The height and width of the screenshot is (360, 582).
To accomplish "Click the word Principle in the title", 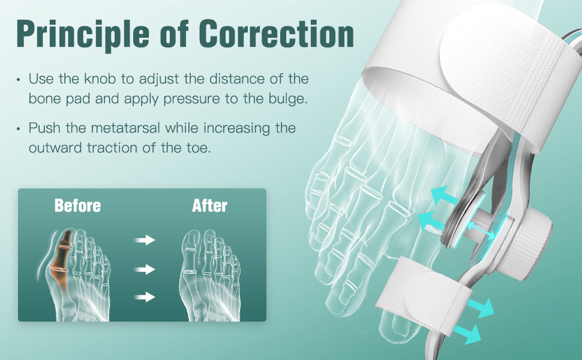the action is (83, 35).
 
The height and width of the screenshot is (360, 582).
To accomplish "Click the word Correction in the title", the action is (276, 34).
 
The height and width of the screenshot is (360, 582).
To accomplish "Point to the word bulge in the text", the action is (288, 99).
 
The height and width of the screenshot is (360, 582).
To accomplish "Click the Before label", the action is (77, 206).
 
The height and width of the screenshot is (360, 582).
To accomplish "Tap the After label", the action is (210, 206).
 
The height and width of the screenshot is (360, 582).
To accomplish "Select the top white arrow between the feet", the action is (145, 240).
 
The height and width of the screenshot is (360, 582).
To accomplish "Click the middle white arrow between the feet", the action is (145, 269).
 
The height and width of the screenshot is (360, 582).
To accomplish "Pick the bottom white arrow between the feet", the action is (145, 297).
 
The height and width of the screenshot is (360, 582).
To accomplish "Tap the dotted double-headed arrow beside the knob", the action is (481, 230).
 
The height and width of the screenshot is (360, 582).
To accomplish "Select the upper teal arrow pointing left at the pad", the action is (445, 195).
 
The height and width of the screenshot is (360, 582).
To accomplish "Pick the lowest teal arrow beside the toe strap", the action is (469, 333).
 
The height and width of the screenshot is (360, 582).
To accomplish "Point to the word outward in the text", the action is (55, 148).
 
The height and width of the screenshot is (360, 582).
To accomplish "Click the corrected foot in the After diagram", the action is (210, 275).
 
